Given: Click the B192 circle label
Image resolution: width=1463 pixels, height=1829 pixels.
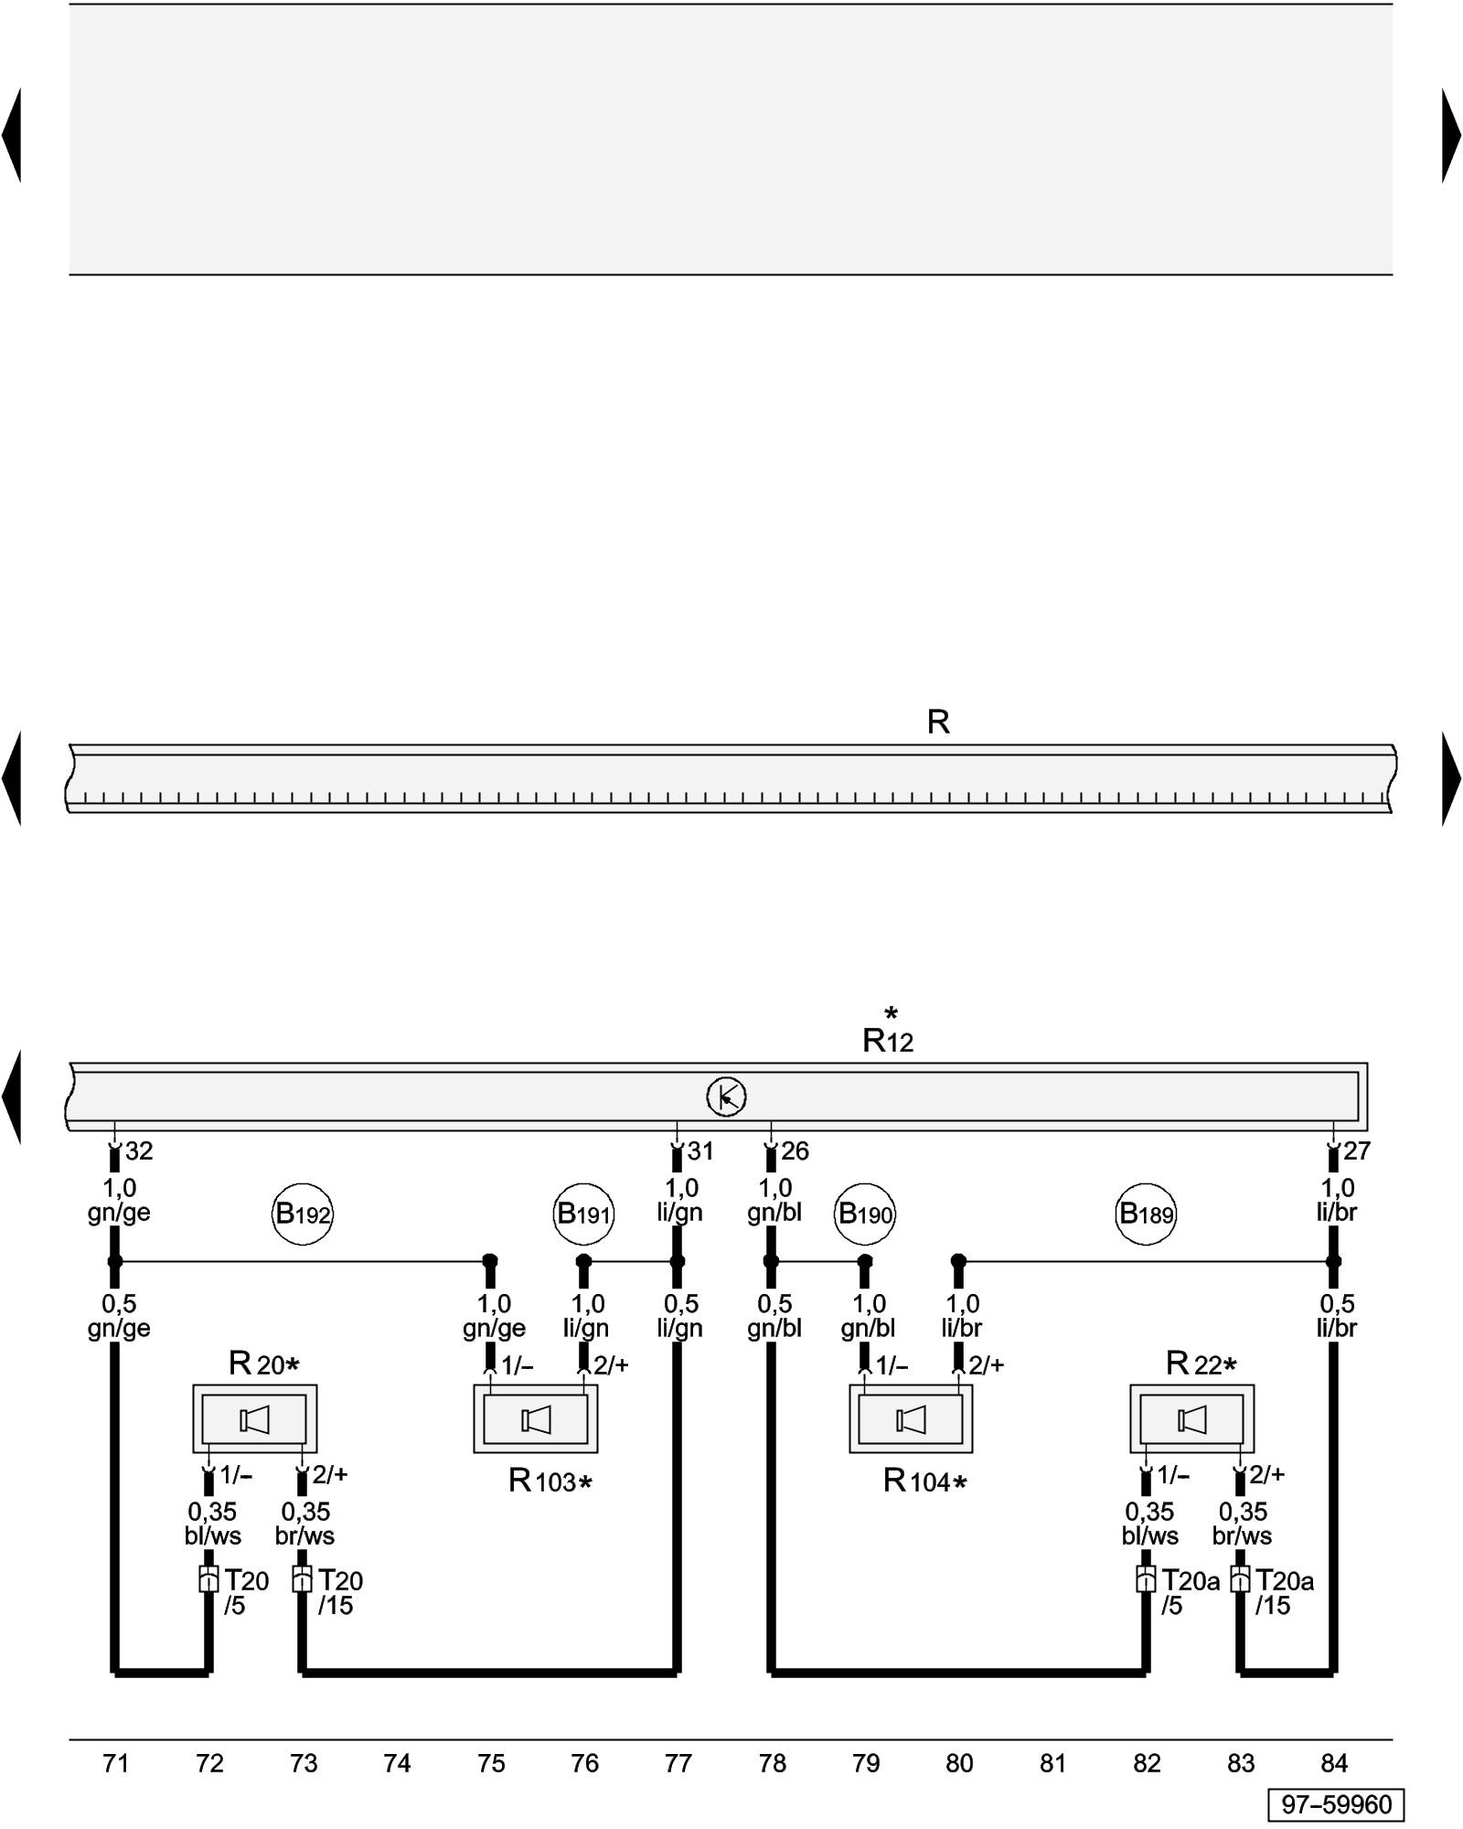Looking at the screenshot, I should tap(304, 1214).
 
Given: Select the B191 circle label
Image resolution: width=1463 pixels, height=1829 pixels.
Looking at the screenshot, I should tap(584, 1214).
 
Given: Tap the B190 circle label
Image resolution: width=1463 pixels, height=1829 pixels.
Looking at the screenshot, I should tap(865, 1214).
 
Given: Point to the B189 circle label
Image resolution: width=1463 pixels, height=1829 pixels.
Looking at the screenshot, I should tap(1147, 1214).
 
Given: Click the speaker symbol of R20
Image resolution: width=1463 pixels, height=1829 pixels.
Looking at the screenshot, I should tap(254, 1420).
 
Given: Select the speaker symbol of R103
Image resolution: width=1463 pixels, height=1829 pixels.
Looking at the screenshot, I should tap(536, 1420).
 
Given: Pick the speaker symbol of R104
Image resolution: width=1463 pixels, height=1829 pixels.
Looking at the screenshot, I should tap(911, 1420).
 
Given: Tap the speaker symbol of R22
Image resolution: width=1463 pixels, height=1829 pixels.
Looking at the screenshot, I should tap(1192, 1420).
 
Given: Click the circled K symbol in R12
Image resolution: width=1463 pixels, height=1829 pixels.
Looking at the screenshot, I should tap(727, 1096).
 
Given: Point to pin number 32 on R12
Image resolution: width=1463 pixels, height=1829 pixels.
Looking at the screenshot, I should tap(139, 1151).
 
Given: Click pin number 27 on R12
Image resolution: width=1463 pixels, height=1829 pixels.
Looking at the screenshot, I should tap(1357, 1151).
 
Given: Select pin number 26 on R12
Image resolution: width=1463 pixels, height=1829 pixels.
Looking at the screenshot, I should tap(795, 1151).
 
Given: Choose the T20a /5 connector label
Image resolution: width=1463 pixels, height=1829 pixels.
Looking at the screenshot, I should tap(1190, 1592).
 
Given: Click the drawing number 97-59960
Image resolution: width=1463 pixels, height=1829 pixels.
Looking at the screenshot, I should tap(1336, 1804).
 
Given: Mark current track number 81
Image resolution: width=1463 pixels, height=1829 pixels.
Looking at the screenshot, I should tap(1053, 1763).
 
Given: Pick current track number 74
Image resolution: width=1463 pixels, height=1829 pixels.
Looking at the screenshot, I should tap(397, 1763).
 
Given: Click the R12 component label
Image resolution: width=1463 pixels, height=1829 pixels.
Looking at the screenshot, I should tap(888, 1040).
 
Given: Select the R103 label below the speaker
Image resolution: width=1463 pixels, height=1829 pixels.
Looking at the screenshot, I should tap(550, 1481).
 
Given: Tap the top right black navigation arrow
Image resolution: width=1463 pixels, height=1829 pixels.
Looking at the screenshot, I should tap(1451, 135).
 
